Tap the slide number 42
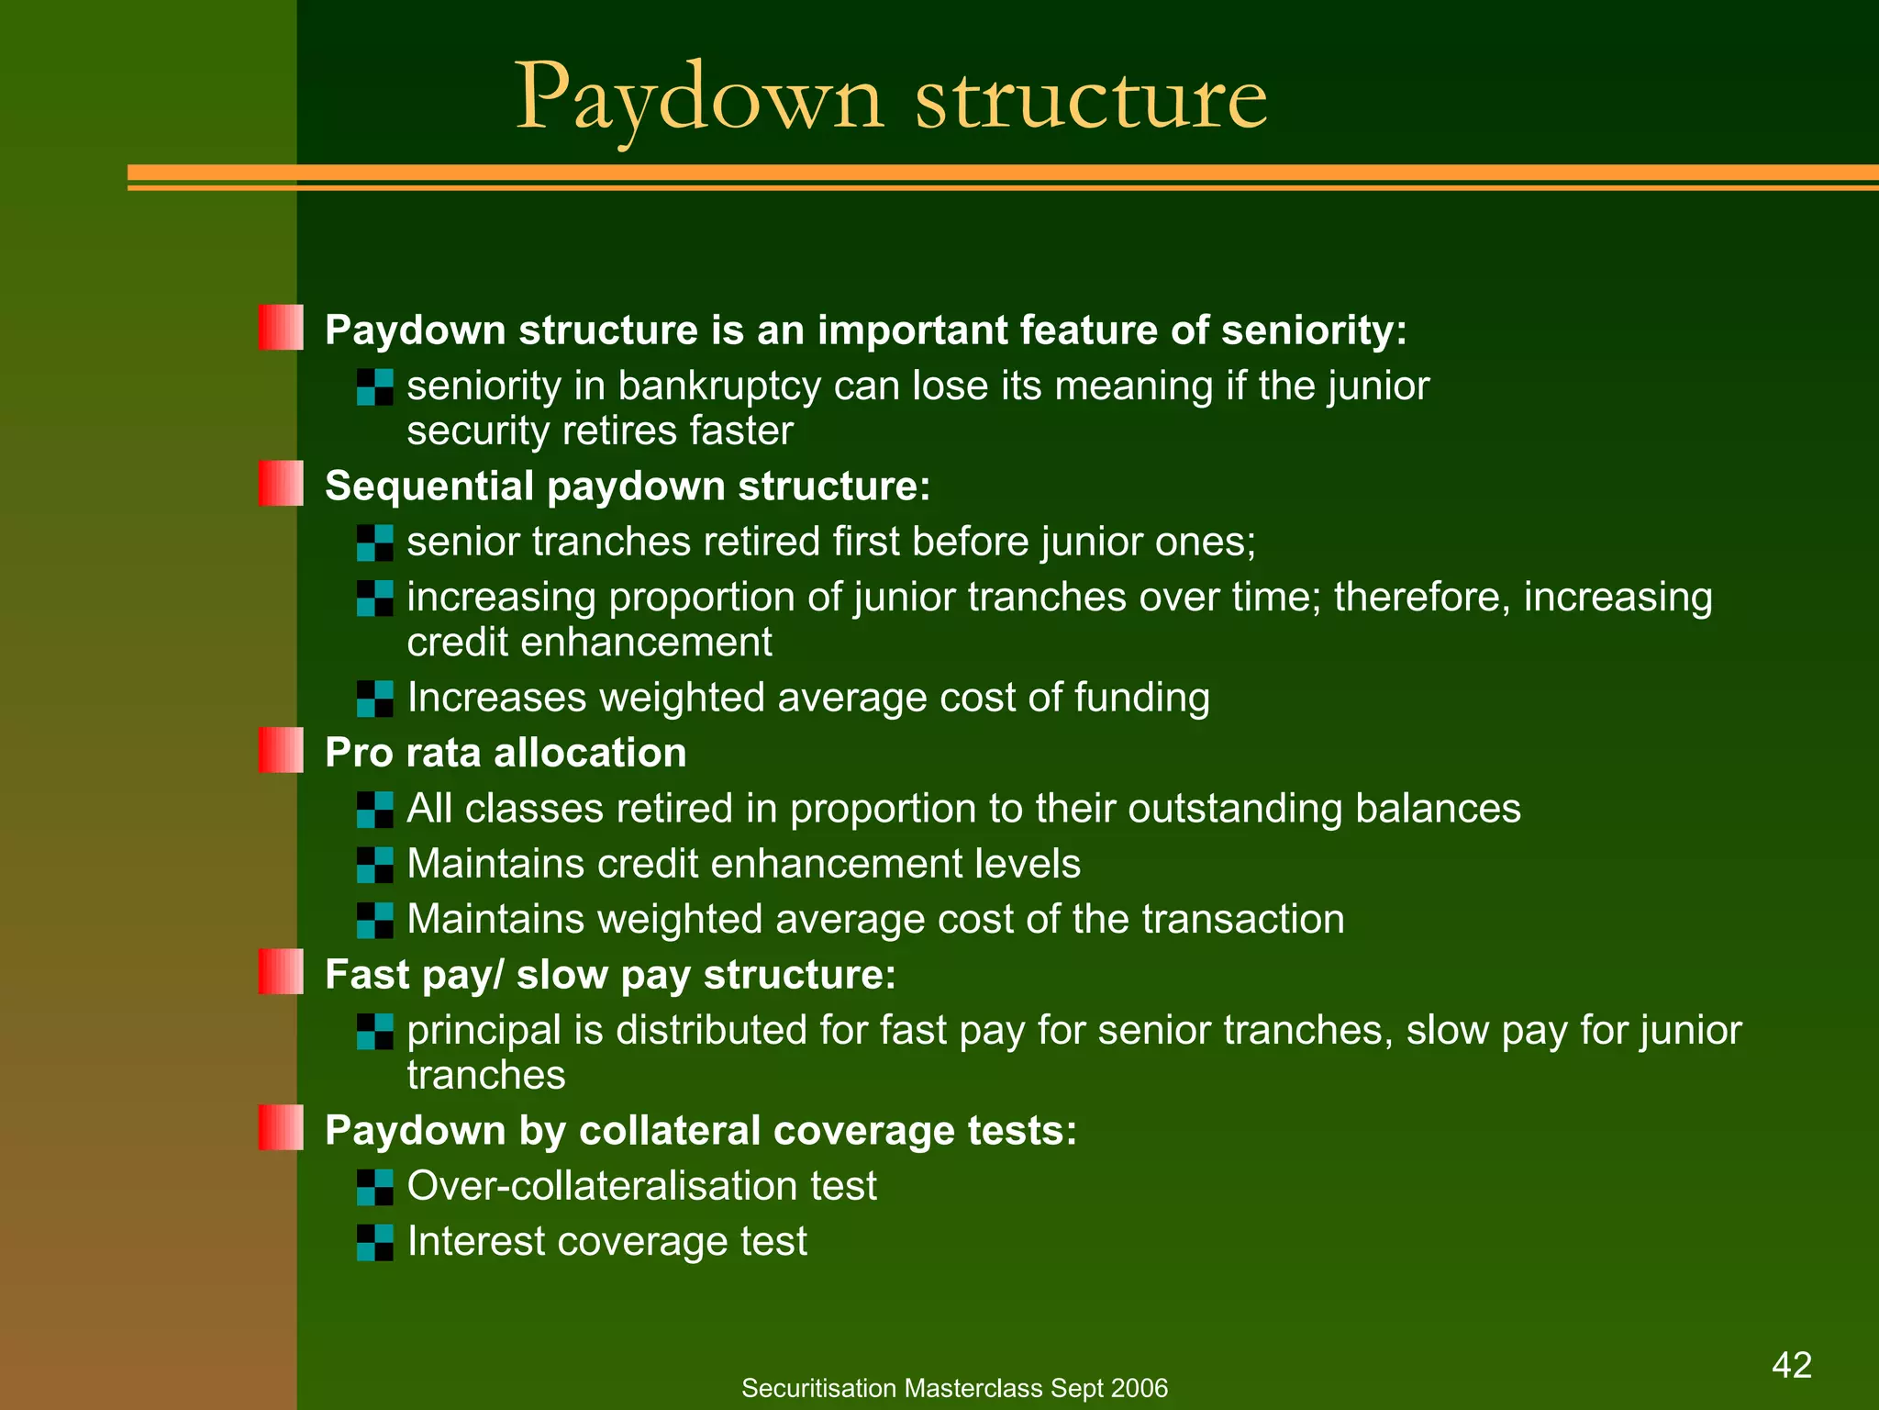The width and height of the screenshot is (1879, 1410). tap(1792, 1365)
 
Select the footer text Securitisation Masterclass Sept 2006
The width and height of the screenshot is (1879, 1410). tap(954, 1388)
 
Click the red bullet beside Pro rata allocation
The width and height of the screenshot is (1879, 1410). tap(281, 750)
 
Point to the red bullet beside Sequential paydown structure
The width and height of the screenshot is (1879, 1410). tap(281, 483)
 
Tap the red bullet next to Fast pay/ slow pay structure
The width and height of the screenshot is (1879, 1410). tap(281, 971)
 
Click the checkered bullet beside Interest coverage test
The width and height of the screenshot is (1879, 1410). tap(375, 1242)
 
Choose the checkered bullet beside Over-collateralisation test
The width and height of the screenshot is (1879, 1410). tap(375, 1187)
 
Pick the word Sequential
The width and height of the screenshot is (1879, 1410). tap(429, 486)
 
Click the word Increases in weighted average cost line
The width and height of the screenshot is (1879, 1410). tap(496, 698)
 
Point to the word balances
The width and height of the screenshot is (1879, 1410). tap(1438, 809)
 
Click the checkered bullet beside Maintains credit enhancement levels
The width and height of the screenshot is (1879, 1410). tap(375, 865)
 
